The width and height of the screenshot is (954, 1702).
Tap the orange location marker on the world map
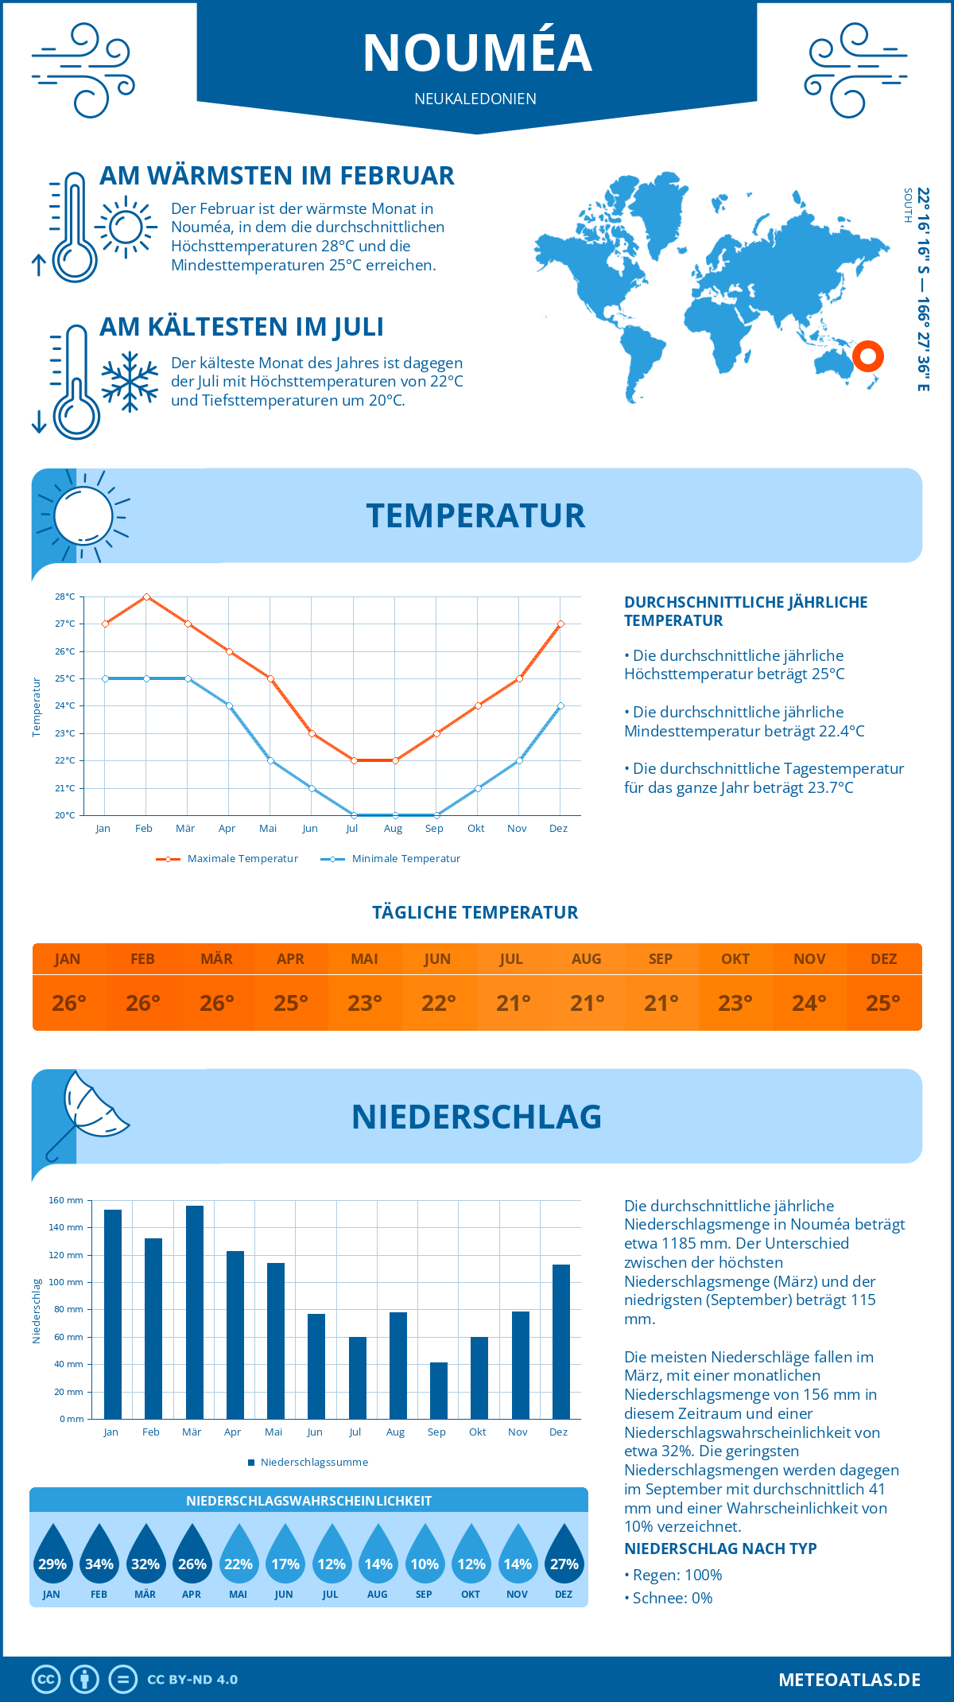pyautogui.click(x=867, y=356)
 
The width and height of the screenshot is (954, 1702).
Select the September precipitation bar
pyautogui.click(x=439, y=1390)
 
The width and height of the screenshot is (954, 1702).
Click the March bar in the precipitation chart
pyautogui.click(x=194, y=1312)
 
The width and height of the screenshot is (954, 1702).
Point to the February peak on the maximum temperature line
pyautogui.click(x=146, y=596)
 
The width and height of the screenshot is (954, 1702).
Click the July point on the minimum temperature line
pyautogui.click(x=354, y=815)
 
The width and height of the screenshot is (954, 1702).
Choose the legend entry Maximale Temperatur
pyautogui.click(x=227, y=859)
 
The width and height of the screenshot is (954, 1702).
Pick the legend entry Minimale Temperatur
pyautogui.click(x=391, y=859)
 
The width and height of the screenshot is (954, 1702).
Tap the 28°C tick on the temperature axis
pyautogui.click(x=65, y=596)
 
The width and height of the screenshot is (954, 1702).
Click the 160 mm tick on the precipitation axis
pyautogui.click(x=67, y=1200)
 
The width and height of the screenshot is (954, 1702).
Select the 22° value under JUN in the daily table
pyautogui.click(x=439, y=1003)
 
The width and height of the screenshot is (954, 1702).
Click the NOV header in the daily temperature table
pyautogui.click(x=809, y=959)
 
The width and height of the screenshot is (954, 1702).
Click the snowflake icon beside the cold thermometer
pyautogui.click(x=130, y=382)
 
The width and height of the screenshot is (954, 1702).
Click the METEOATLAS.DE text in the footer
pyautogui.click(x=849, y=1680)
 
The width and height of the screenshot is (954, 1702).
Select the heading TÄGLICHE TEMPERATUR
pyautogui.click(x=475, y=912)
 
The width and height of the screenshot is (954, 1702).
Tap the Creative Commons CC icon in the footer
pyautogui.click(x=46, y=1680)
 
